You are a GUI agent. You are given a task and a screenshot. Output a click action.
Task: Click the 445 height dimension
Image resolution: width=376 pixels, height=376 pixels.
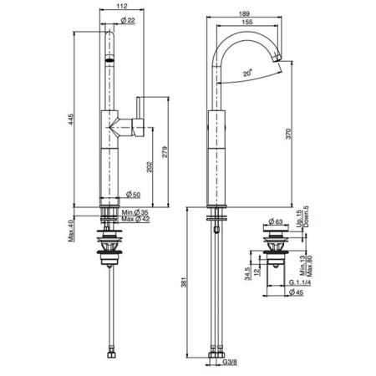(x=71, y=119)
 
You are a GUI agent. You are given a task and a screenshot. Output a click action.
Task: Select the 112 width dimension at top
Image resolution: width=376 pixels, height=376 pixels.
(x=122, y=6)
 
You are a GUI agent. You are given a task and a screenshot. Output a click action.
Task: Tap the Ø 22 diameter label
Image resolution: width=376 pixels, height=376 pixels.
(x=128, y=20)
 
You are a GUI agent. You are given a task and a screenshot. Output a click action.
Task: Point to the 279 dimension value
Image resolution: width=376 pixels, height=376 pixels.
(x=165, y=152)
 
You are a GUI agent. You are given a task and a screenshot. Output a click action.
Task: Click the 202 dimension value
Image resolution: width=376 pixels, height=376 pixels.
(x=150, y=167)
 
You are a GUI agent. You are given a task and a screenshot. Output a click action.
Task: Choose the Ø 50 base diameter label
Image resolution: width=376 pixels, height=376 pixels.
(x=133, y=195)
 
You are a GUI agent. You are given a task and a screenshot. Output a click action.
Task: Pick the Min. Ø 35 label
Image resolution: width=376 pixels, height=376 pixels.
(x=135, y=212)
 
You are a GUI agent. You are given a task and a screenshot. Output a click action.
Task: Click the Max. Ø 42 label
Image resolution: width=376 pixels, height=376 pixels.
(x=135, y=219)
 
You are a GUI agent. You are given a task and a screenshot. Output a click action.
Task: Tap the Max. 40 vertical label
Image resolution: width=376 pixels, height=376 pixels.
(x=70, y=231)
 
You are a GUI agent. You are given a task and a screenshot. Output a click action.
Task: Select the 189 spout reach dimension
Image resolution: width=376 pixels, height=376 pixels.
(x=244, y=13)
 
